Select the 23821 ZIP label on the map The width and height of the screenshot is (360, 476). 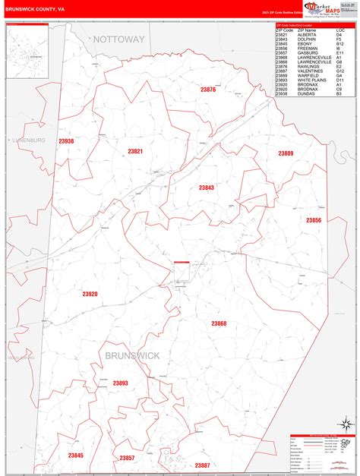(135, 152)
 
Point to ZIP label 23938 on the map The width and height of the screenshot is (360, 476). (66, 141)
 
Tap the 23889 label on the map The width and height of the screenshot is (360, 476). (286, 153)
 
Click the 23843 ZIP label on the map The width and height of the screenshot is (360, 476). (207, 188)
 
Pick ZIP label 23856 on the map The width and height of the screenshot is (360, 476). (314, 220)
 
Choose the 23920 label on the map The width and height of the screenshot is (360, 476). (90, 293)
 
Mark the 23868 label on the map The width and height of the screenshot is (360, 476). (219, 323)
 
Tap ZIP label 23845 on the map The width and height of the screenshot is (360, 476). (76, 434)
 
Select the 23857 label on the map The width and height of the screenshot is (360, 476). (127, 437)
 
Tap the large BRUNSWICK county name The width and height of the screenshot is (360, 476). (134, 355)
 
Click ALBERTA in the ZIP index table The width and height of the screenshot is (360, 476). (307, 35)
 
